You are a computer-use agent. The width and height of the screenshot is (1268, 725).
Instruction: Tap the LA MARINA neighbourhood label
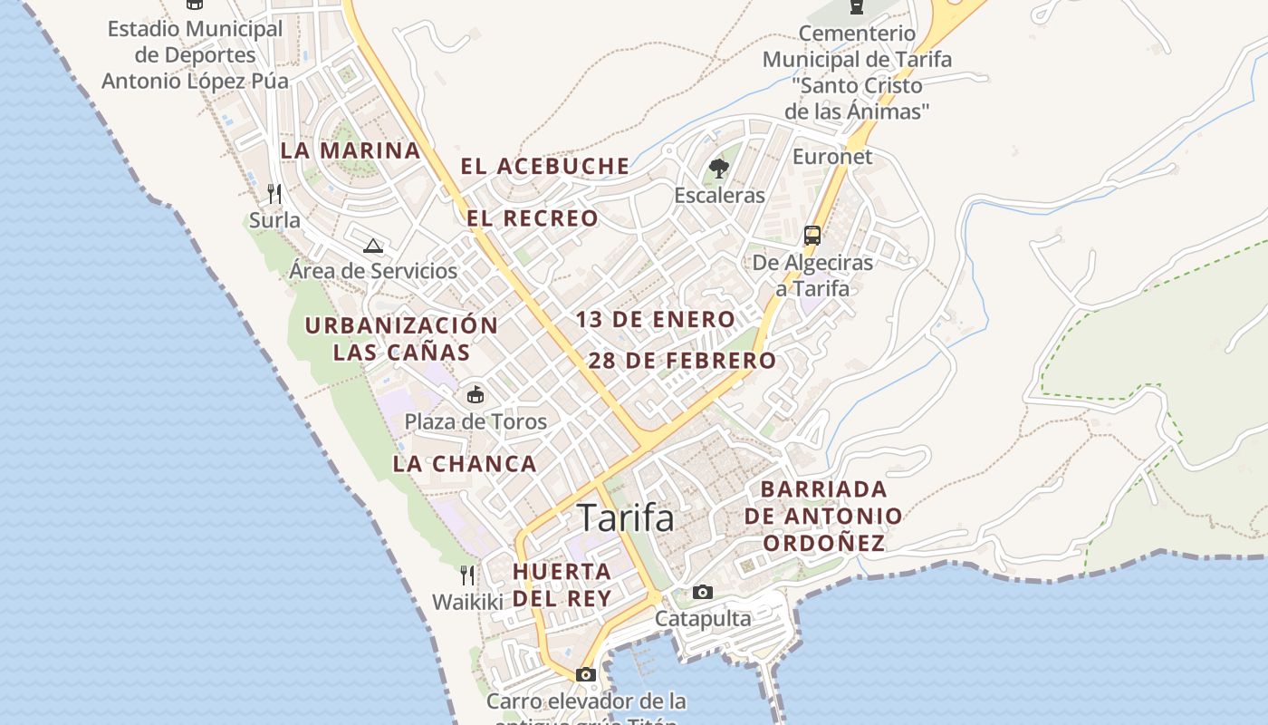tap(351, 150)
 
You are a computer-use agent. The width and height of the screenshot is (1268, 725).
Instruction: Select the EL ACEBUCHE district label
tap(544, 166)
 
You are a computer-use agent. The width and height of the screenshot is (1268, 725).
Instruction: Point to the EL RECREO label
tap(533, 218)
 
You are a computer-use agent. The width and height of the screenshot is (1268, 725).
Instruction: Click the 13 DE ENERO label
tap(655, 319)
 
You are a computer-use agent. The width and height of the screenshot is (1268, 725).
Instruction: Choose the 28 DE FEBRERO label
tap(682, 361)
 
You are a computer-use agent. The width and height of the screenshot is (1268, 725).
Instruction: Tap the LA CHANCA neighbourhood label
tap(465, 464)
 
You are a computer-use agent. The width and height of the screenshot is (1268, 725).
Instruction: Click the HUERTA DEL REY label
tap(562, 585)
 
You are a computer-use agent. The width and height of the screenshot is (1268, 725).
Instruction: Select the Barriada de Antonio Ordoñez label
tap(823, 516)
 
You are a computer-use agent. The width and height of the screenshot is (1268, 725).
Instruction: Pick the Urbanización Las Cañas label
tap(401, 338)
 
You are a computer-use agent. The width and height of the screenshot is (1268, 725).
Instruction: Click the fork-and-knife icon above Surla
tap(274, 193)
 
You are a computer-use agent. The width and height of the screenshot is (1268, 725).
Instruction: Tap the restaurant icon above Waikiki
tap(466, 575)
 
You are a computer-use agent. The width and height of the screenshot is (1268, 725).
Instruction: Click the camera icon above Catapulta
tap(702, 593)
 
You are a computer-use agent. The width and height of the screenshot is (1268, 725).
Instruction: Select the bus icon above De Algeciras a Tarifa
tap(812, 236)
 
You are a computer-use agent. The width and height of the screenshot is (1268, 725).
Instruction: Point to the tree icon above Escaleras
tap(719, 168)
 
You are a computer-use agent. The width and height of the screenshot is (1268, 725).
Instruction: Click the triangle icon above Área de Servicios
tap(373, 245)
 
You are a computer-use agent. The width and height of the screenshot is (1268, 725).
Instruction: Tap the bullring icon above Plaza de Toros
tap(475, 394)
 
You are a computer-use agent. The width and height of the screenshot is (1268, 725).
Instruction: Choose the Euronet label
tap(832, 157)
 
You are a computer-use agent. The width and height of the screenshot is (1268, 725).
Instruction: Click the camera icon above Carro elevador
tap(586, 674)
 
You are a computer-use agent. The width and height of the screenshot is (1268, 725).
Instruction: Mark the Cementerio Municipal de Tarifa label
tap(857, 72)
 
